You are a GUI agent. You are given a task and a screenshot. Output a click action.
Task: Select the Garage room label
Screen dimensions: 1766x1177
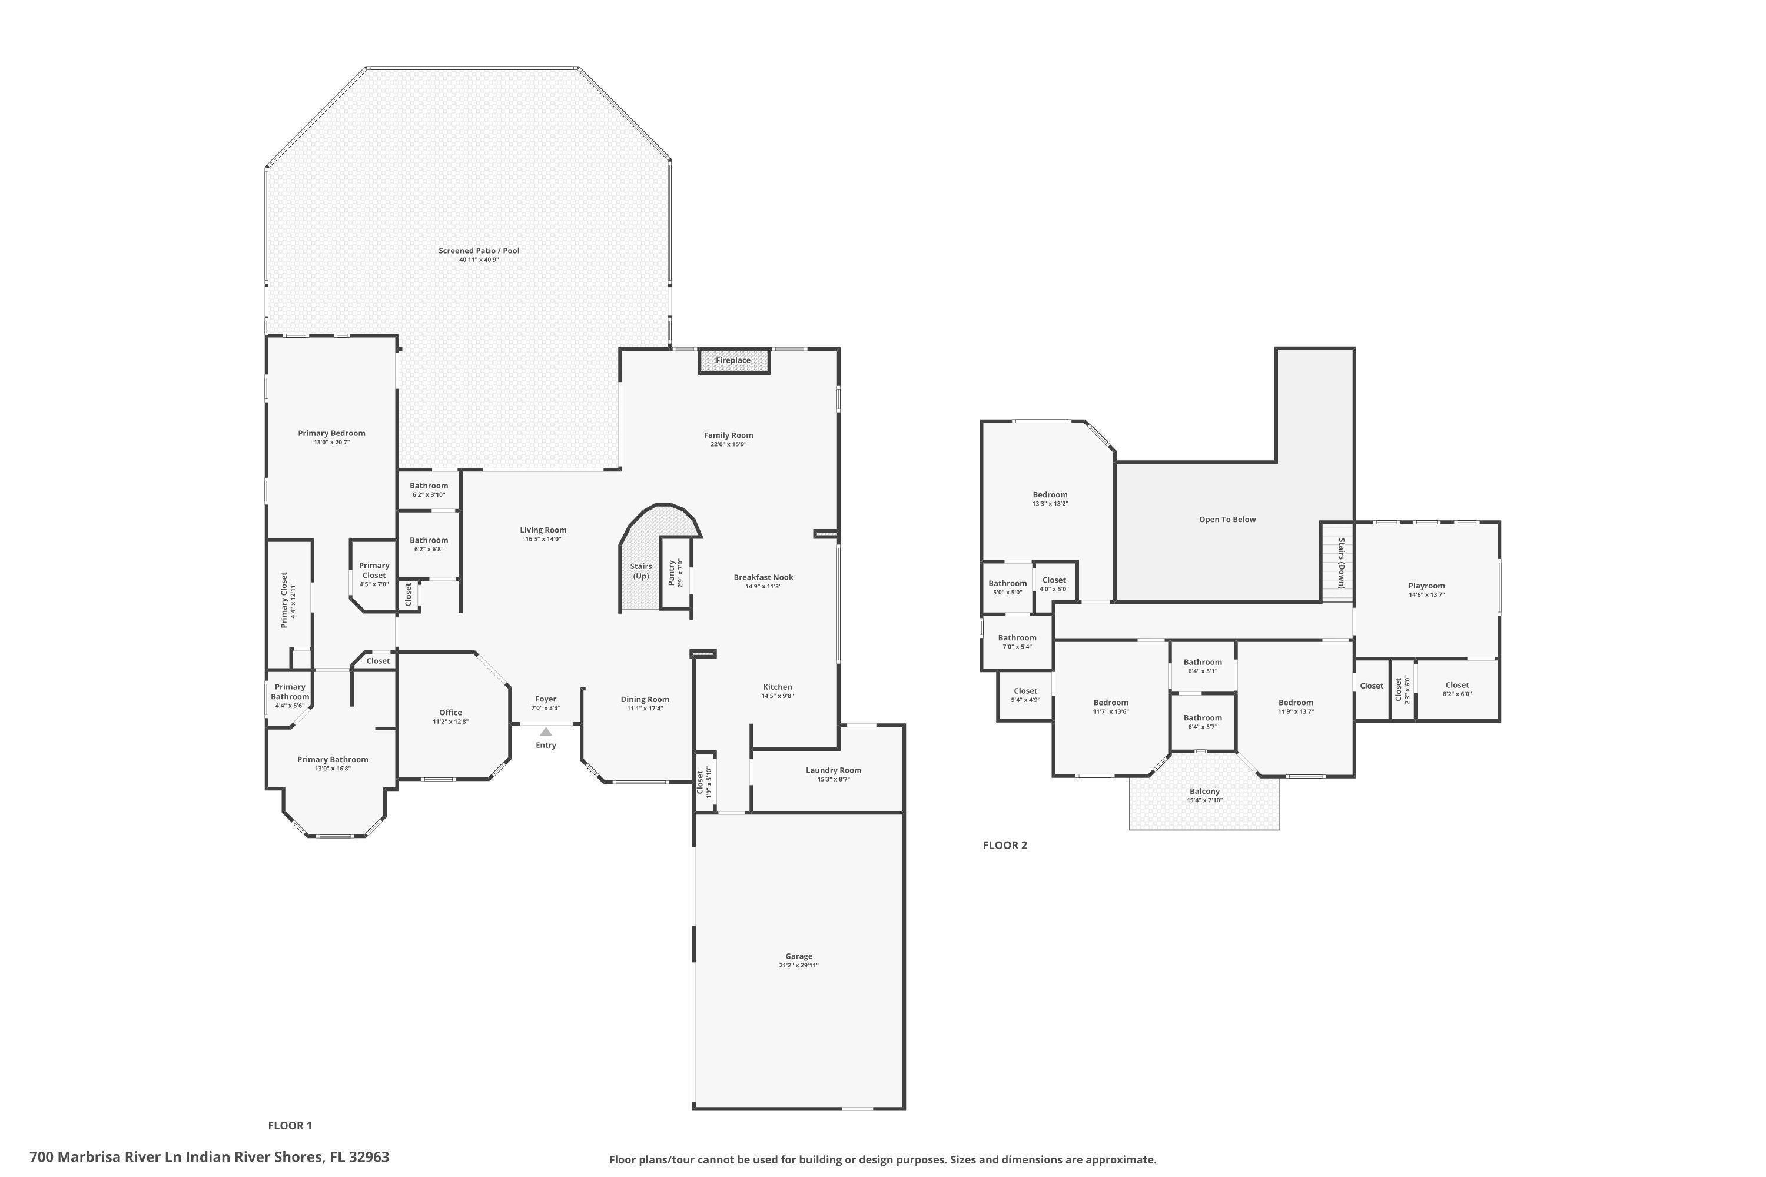pos(799,956)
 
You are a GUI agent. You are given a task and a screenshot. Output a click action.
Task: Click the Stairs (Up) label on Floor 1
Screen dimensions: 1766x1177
pos(641,571)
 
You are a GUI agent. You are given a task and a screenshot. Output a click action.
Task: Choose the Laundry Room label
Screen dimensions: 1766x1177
pos(834,770)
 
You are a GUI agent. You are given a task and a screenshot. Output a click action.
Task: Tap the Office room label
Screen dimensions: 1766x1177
pos(450,712)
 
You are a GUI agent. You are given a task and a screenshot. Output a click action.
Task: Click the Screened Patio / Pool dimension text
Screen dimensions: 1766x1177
pos(479,260)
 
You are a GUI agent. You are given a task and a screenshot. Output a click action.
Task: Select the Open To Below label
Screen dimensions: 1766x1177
pos(1227,520)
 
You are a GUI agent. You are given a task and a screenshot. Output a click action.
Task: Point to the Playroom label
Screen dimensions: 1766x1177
pos(1426,586)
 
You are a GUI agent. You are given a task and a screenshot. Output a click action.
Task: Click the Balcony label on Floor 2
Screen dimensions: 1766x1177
pos(1204,791)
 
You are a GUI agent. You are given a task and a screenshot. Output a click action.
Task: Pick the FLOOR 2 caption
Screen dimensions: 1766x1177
pos(1005,845)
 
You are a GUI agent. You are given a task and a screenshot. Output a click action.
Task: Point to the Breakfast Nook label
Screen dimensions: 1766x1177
pos(764,577)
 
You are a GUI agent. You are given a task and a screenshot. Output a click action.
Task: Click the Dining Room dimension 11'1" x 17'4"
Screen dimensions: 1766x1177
pos(645,709)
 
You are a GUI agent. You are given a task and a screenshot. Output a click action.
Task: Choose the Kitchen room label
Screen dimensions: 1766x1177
pos(777,687)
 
